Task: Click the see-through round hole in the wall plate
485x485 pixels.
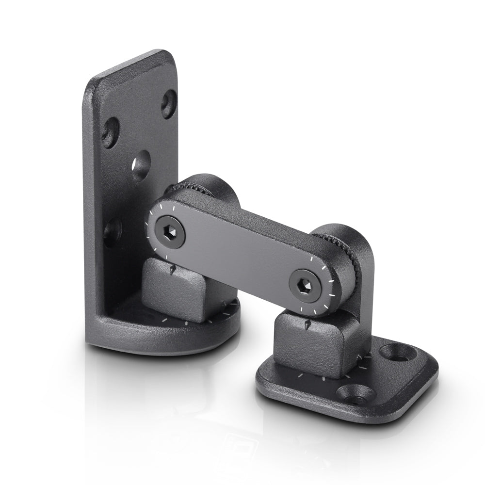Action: coord(141,166)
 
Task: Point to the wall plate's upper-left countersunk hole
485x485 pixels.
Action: coord(111,131)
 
